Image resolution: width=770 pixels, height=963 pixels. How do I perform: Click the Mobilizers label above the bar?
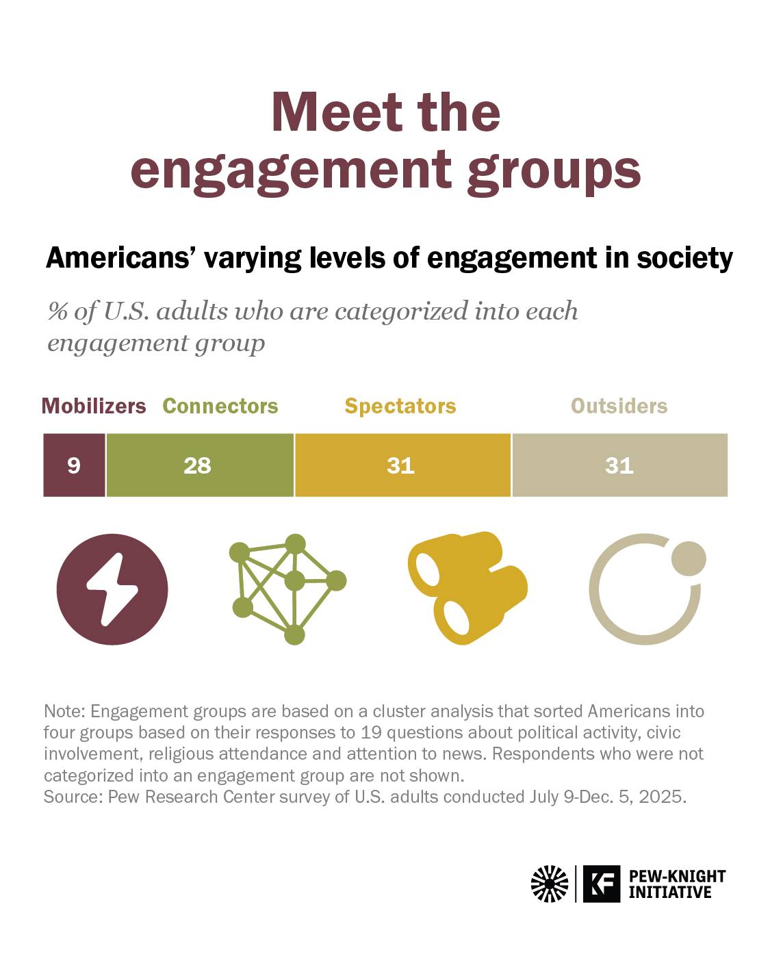[94, 407]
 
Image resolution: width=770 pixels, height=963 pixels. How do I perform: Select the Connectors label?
[220, 407]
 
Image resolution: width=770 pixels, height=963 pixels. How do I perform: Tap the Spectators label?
[400, 407]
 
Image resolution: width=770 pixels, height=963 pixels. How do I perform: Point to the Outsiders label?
[619, 407]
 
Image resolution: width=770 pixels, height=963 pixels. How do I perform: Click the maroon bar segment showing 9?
[75, 465]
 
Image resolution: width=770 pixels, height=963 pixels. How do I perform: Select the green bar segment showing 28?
[200, 465]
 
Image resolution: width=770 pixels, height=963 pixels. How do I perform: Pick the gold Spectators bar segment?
[403, 465]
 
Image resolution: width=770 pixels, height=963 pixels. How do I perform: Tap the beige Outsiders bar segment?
[620, 465]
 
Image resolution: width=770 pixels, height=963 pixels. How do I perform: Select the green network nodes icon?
[288, 589]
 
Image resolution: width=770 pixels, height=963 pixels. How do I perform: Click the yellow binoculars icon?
[468, 589]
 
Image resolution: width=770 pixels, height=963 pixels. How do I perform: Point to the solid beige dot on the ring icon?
[689, 558]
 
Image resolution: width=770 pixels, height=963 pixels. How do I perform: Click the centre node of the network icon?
[294, 581]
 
